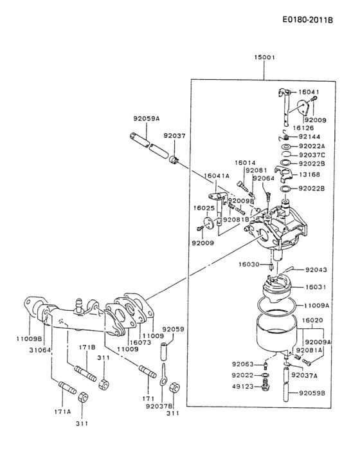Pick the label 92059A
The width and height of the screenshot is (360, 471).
click(x=147, y=118)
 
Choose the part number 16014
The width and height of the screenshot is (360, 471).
click(x=244, y=163)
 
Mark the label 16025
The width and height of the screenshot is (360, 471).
click(x=204, y=208)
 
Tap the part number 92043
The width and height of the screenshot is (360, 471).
click(x=316, y=270)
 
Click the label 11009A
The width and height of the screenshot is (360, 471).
click(x=316, y=306)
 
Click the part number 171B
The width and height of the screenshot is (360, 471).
click(x=87, y=347)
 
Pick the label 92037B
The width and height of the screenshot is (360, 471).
click(x=159, y=406)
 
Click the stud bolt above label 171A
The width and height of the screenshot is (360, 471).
click(x=68, y=388)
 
